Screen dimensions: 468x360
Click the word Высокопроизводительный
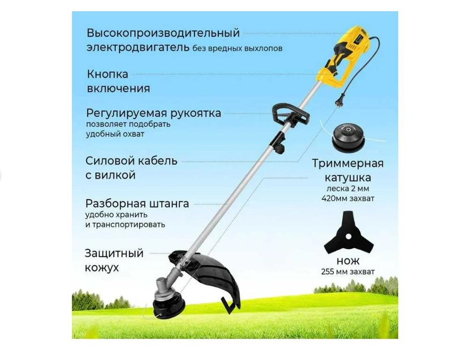(x=163, y=33)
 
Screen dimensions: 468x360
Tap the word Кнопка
(x=107, y=74)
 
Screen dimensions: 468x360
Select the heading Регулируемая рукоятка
(x=154, y=113)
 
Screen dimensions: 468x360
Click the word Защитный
(x=114, y=253)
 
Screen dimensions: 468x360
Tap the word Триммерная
(x=348, y=164)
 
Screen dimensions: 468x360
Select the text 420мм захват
(x=348, y=198)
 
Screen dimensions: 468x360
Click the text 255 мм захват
(x=348, y=271)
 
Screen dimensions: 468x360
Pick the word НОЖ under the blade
(x=348, y=261)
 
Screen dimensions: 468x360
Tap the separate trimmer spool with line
(x=348, y=137)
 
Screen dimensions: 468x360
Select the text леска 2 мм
(x=348, y=189)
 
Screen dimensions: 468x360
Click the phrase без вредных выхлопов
(x=238, y=48)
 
